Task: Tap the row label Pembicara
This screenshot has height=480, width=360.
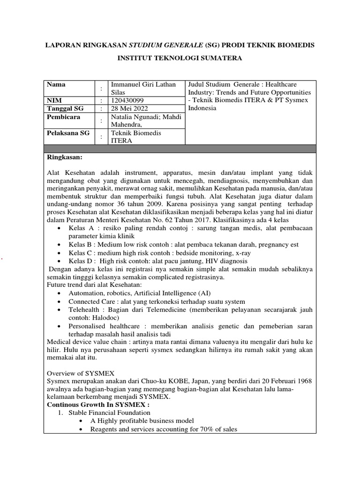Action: pos(63,117)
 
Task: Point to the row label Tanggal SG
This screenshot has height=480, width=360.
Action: pos(65,108)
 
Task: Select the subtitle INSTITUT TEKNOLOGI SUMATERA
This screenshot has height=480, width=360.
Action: pos(180,59)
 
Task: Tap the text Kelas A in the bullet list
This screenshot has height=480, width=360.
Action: pos(80,227)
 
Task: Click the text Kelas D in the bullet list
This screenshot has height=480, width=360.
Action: pos(80,261)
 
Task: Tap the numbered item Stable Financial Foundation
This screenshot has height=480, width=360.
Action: pos(109,412)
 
